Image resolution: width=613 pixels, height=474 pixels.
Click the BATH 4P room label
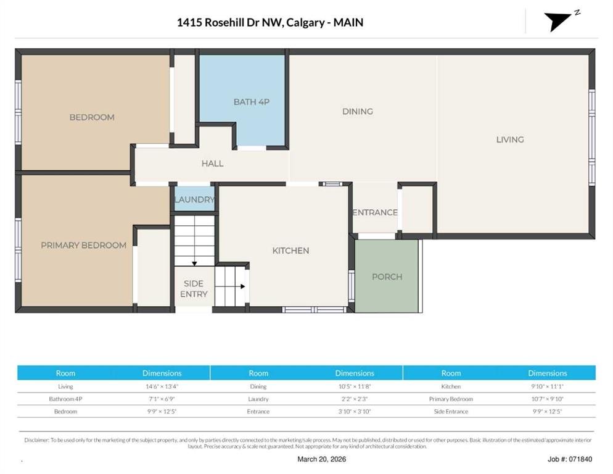tap(252, 102)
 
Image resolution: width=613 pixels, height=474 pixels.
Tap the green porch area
tap(387, 276)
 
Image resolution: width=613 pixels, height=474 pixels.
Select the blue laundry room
tap(194, 199)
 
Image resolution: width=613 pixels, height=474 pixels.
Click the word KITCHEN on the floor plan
tap(290, 251)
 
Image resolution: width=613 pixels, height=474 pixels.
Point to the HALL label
tap(212, 163)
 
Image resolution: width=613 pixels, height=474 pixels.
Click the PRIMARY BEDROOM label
tap(84, 245)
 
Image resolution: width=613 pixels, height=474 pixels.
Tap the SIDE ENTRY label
tap(194, 288)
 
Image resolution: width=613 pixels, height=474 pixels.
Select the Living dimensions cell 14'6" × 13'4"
tap(162, 386)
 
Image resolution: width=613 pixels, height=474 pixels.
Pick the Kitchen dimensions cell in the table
tap(548, 386)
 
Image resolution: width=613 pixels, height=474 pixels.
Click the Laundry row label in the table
tap(258, 399)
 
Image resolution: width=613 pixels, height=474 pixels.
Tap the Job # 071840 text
tap(570, 459)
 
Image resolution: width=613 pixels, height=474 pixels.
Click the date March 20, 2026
tap(321, 459)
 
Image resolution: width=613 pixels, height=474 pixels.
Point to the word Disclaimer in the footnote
tap(36, 440)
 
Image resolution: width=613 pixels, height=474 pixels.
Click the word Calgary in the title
tap(305, 22)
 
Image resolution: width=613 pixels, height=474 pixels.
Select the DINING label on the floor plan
tap(357, 111)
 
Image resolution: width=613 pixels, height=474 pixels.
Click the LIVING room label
tap(510, 139)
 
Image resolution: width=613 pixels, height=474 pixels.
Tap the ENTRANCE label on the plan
tap(375, 212)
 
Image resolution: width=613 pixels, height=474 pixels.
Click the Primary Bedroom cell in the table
tap(451, 399)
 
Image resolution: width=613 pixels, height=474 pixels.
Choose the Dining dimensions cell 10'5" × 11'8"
tap(355, 386)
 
